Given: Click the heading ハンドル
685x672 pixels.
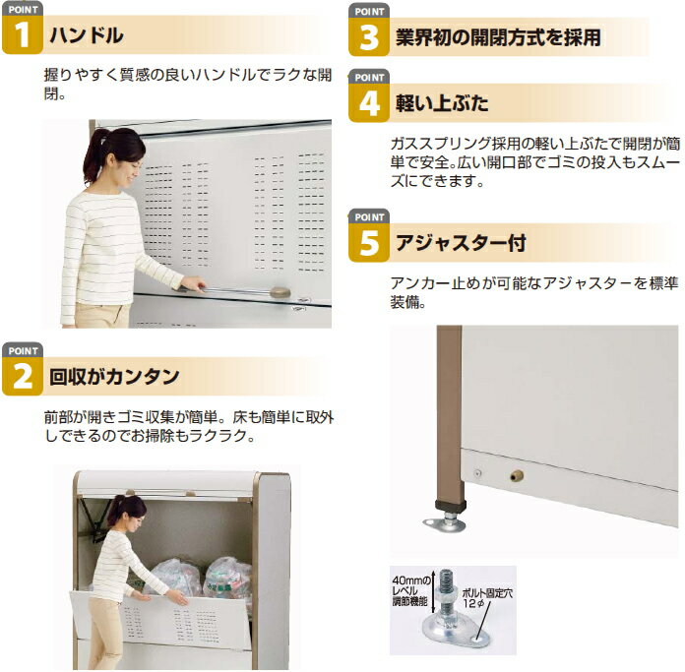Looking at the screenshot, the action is (x=86, y=35).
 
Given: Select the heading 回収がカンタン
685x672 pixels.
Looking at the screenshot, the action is (x=114, y=377).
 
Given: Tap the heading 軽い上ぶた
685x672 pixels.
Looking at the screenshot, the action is (x=442, y=103).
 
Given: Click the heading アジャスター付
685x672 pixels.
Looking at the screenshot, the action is (x=461, y=243).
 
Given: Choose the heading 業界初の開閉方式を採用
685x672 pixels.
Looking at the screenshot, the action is (x=498, y=37).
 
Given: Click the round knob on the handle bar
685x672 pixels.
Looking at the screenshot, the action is (x=280, y=291).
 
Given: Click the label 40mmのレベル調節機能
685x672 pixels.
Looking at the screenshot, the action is (x=409, y=590).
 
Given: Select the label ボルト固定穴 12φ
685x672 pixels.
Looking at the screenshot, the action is (x=487, y=598).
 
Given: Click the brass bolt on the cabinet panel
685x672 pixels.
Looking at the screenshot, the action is (x=517, y=475).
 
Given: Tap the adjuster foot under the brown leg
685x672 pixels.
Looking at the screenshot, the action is (x=445, y=519).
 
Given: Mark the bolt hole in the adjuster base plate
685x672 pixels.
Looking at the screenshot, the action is (x=480, y=640).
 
